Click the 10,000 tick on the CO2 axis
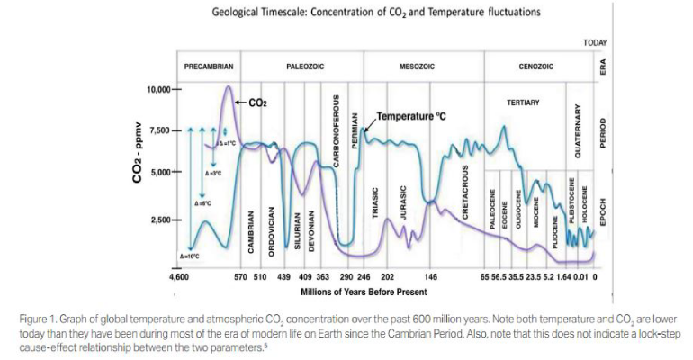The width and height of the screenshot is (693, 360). point(162,90)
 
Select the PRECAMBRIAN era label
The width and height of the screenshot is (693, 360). point(209,67)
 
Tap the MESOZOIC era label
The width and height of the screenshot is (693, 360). point(418,67)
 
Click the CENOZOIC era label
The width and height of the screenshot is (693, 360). point(536,67)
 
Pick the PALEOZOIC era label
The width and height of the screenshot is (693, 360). point(306,67)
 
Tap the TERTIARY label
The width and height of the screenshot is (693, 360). point(523,103)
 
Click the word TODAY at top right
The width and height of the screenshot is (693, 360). point(595,41)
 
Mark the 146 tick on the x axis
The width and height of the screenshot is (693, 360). point(431,277)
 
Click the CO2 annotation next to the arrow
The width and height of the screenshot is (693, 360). point(257,103)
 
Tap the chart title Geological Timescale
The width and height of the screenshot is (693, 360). point(364,13)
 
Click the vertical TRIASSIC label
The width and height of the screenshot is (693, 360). point(376,208)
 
